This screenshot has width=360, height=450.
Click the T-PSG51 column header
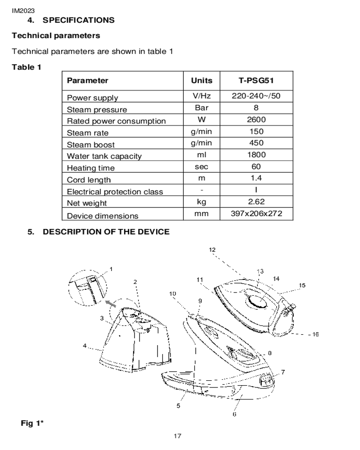(256, 81)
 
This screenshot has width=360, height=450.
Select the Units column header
(202, 81)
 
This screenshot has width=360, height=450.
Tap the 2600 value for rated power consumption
(256, 119)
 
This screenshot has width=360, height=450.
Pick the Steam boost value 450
(256, 143)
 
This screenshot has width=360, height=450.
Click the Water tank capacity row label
(104, 157)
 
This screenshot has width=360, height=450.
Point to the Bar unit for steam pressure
(202, 108)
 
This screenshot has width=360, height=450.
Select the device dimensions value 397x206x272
(256, 213)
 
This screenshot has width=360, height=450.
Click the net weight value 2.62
(256, 202)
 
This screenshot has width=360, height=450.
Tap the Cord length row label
(89, 180)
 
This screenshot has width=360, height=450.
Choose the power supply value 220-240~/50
(256, 96)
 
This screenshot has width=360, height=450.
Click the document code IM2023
(23, 11)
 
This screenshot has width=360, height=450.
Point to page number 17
(177, 436)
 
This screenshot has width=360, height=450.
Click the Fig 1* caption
(32, 423)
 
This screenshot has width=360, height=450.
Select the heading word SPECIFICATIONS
(79, 20)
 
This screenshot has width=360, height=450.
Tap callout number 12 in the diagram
(212, 250)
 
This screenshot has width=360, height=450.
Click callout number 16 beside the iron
(315, 334)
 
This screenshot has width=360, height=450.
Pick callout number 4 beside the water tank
(85, 346)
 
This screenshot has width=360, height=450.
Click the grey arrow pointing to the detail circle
(111, 304)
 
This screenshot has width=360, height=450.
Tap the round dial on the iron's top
(257, 301)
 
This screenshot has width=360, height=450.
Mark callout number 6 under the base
(234, 414)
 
